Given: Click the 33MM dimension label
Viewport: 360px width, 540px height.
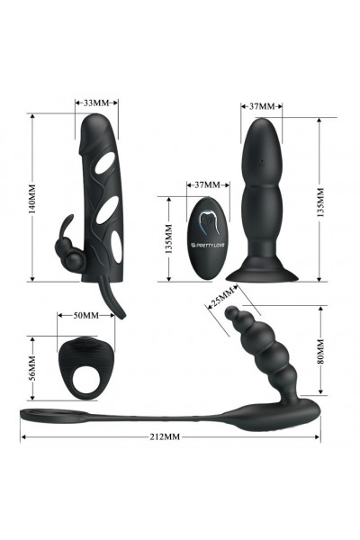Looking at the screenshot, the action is click(x=96, y=103).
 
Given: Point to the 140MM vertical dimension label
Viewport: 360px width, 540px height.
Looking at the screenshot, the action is click(x=32, y=199).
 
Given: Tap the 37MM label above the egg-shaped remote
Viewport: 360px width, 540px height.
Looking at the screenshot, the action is click(x=207, y=184).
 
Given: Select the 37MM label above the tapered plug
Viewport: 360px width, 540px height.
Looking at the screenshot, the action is click(x=262, y=106).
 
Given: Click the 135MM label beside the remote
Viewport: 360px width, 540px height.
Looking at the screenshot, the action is click(x=169, y=239).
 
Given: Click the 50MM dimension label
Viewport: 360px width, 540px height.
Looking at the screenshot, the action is click(x=86, y=316).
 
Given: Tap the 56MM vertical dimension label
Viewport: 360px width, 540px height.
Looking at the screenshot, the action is click(x=32, y=368).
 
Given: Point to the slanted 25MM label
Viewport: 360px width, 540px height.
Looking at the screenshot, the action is click(x=222, y=297).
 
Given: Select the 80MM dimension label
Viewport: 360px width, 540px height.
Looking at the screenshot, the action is click(x=320, y=351).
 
